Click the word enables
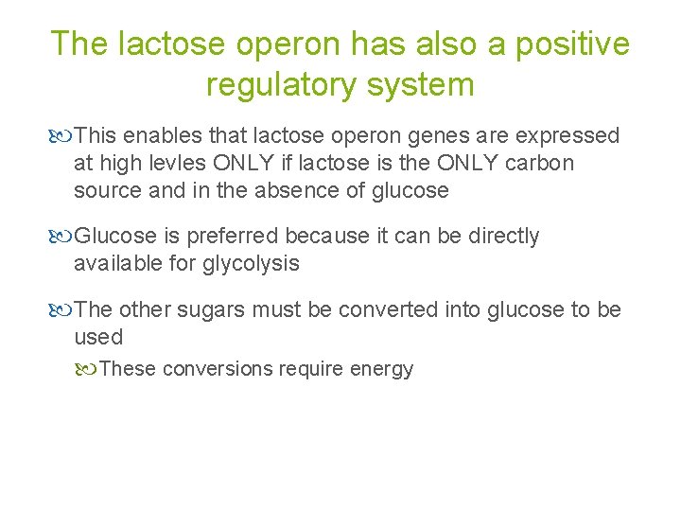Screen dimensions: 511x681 156,136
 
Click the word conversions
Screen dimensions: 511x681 218,369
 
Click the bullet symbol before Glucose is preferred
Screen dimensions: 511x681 62,237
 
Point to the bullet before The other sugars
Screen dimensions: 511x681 62,310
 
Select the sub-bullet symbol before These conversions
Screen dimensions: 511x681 88,369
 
